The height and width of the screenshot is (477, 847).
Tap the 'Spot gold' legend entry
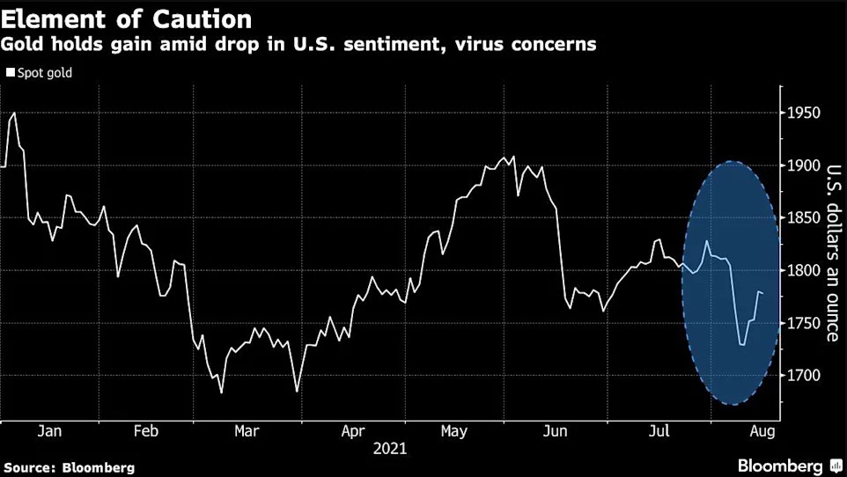[43, 73]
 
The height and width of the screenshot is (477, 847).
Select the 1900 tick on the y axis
[804, 165]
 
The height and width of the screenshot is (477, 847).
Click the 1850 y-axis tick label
[804, 218]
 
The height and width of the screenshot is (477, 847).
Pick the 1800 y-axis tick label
[804, 271]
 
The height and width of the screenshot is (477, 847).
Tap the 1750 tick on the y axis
[804, 323]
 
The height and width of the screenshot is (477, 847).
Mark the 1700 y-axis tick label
[804, 376]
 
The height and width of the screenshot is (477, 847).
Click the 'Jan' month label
[49, 431]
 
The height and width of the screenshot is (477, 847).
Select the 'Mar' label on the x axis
[247, 431]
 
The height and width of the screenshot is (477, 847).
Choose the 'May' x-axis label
[453, 431]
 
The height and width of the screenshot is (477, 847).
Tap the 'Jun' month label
[556, 431]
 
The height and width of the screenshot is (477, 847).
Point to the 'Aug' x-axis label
[762, 431]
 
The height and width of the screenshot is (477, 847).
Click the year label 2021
[390, 449]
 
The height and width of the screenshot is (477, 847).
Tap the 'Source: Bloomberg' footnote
[69, 467]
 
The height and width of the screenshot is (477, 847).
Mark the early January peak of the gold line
[13, 113]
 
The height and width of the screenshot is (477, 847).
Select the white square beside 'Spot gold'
[11, 73]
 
